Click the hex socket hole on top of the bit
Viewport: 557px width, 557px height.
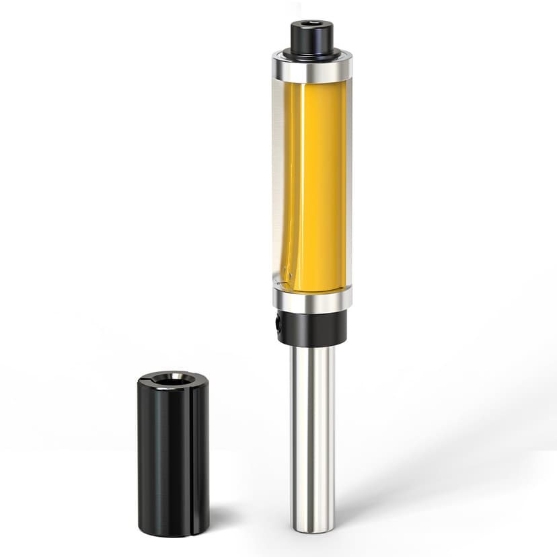[x=313, y=24]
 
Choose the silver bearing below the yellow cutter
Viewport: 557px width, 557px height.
[x=313, y=299]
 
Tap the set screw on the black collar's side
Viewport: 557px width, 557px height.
[x=278, y=324]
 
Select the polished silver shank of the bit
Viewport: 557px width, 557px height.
[x=313, y=431]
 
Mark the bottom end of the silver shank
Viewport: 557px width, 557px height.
[x=313, y=528]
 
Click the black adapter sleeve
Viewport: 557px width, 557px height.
[x=173, y=457]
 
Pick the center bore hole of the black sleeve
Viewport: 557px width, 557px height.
[x=172, y=380]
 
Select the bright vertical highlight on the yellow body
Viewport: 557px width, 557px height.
[x=301, y=182]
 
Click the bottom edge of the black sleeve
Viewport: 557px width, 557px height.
[x=173, y=534]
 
